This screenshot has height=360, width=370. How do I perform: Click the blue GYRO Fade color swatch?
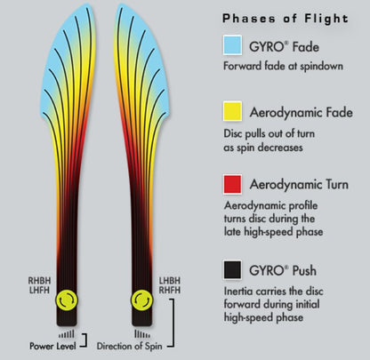tap(232, 44)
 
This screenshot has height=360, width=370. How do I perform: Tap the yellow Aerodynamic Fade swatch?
tap(232, 111)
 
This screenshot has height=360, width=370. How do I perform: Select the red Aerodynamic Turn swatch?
tap(232, 184)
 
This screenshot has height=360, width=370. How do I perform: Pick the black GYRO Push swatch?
tap(232, 270)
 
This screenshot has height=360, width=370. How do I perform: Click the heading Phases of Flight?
tap(286, 19)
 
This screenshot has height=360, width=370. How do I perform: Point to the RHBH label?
tap(39, 281)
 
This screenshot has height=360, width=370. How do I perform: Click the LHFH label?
tap(39, 290)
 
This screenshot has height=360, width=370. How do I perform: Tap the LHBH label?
tap(170, 281)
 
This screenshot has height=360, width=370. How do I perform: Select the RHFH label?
tap(170, 290)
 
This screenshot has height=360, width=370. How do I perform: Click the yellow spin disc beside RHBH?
tap(67, 300)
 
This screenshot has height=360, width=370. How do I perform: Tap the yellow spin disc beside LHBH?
tap(142, 300)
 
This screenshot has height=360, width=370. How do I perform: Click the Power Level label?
tap(52, 346)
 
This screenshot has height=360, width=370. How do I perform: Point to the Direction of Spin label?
tap(130, 346)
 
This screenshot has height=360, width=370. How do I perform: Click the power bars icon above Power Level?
tap(67, 334)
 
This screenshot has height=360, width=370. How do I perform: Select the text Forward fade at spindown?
tap(283, 66)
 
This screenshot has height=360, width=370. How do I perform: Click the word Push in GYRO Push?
tap(304, 270)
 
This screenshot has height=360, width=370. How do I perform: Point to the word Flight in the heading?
tap(326, 19)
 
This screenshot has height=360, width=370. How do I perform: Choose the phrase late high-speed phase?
tap(273, 232)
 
